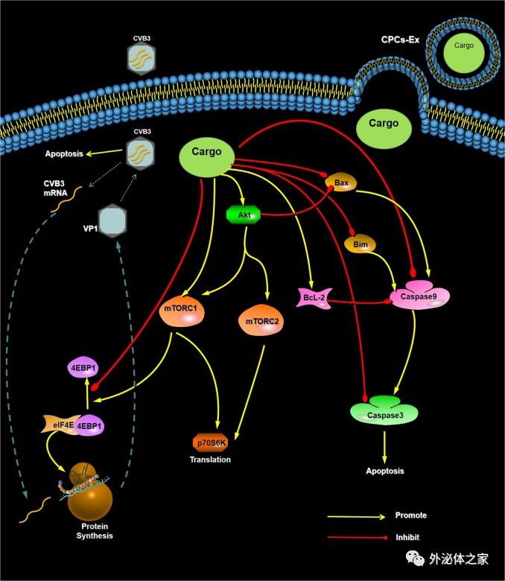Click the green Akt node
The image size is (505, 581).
pos(243,215)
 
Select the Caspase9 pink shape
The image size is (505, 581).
pos(419,295)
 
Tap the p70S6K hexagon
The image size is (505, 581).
pos(212,442)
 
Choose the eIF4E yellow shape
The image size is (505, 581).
pos(60,426)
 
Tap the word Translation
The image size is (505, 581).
pos(210,460)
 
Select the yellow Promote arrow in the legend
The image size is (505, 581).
pos(358,515)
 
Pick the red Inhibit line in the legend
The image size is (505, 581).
pos(358,536)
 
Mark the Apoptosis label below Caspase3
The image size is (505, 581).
pos(385,471)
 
